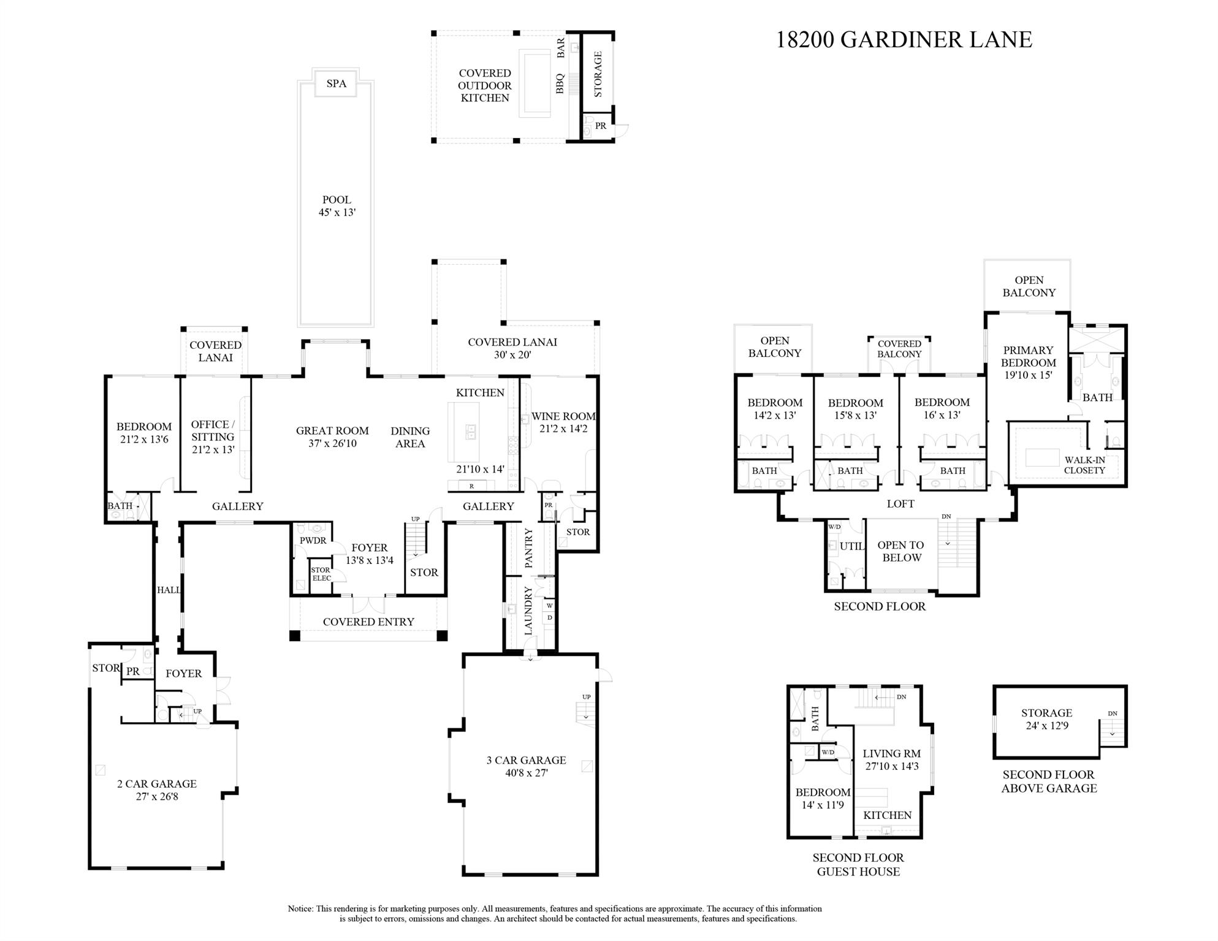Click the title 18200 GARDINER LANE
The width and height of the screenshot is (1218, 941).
tap(904, 40)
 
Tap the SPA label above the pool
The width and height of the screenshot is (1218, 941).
tap(336, 83)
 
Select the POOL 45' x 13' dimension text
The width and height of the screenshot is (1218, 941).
tap(337, 207)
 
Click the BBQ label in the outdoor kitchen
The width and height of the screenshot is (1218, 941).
tap(560, 84)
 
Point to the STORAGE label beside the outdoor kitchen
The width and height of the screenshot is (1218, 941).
tap(598, 74)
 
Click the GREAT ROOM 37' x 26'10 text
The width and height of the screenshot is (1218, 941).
tap(332, 437)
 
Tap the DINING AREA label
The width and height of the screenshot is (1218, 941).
tap(410, 437)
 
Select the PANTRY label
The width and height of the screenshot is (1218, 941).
tap(529, 548)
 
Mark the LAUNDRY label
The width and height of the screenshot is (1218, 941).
tap(528, 611)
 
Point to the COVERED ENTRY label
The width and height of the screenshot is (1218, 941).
tap(368, 622)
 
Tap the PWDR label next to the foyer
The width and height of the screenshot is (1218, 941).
tap(313, 541)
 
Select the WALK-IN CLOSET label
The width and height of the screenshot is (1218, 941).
tap(1084, 465)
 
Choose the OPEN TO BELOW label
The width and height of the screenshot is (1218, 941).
tap(900, 551)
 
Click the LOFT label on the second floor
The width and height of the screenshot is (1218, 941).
tap(900, 504)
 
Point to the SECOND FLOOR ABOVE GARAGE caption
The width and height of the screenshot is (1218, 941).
tap(1048, 782)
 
